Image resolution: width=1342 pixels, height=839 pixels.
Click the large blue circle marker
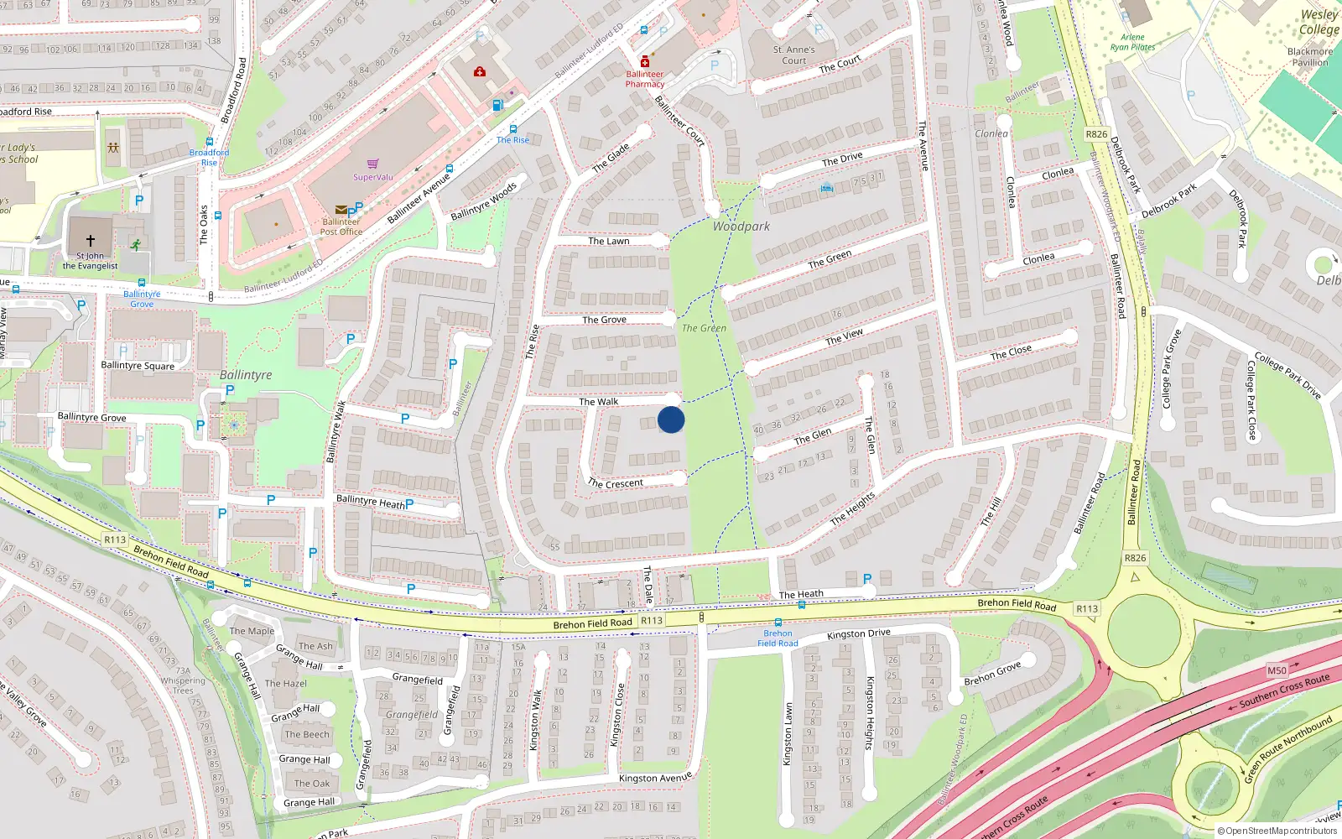[x=671, y=419]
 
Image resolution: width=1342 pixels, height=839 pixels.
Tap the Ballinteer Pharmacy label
[x=644, y=79]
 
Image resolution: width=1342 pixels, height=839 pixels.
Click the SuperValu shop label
[x=372, y=177]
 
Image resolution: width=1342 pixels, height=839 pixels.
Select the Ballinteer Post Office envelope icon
[x=341, y=210]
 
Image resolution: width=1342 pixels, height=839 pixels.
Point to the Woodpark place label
[x=741, y=227]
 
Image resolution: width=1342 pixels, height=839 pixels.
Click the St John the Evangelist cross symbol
[x=91, y=241]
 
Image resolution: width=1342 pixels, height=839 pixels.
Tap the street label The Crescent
[x=616, y=483]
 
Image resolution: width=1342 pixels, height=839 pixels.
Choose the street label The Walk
[x=598, y=402]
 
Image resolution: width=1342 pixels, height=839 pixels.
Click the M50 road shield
[x=1277, y=670]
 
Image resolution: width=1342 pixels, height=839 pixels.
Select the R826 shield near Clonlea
[x=1096, y=134]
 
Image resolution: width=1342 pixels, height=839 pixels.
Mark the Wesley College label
[x=1319, y=22]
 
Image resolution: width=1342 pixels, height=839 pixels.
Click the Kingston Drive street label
[x=858, y=634]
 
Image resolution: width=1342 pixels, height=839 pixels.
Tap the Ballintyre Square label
[x=138, y=366]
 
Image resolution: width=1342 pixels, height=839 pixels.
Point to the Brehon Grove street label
[x=992, y=673]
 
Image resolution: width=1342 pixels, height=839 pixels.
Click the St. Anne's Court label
[x=793, y=55]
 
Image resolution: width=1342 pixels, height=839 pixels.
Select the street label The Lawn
[x=608, y=242]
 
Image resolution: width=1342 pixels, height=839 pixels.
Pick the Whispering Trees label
[x=183, y=685]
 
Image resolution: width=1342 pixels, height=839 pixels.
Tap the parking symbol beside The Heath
[x=867, y=579]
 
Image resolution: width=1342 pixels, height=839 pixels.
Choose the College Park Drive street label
[x=1287, y=375]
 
